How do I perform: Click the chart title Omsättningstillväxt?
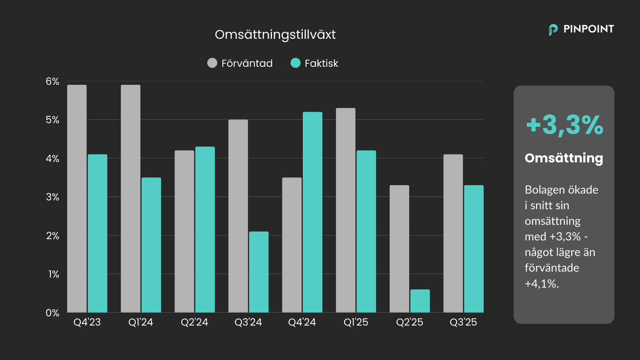point(275,35)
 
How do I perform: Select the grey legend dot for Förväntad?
point(212,63)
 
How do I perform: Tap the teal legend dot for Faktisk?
point(296,63)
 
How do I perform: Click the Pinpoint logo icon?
point(553,30)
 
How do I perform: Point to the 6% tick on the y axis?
point(52,82)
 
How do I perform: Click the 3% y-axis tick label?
point(52,197)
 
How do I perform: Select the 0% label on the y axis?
point(52,313)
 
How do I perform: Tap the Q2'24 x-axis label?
point(194,322)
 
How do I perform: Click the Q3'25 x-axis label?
point(463,322)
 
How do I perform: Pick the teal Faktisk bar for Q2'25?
point(420,301)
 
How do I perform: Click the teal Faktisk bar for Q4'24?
point(312,212)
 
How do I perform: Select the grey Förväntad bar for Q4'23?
point(77,198)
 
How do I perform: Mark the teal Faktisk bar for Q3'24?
point(259,272)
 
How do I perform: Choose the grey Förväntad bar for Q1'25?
point(346,210)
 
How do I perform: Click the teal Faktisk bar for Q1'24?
point(151,245)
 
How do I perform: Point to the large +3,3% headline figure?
point(564,125)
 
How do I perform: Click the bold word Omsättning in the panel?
point(564,158)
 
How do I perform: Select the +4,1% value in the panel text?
point(541,284)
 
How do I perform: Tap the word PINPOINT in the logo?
point(588,29)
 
